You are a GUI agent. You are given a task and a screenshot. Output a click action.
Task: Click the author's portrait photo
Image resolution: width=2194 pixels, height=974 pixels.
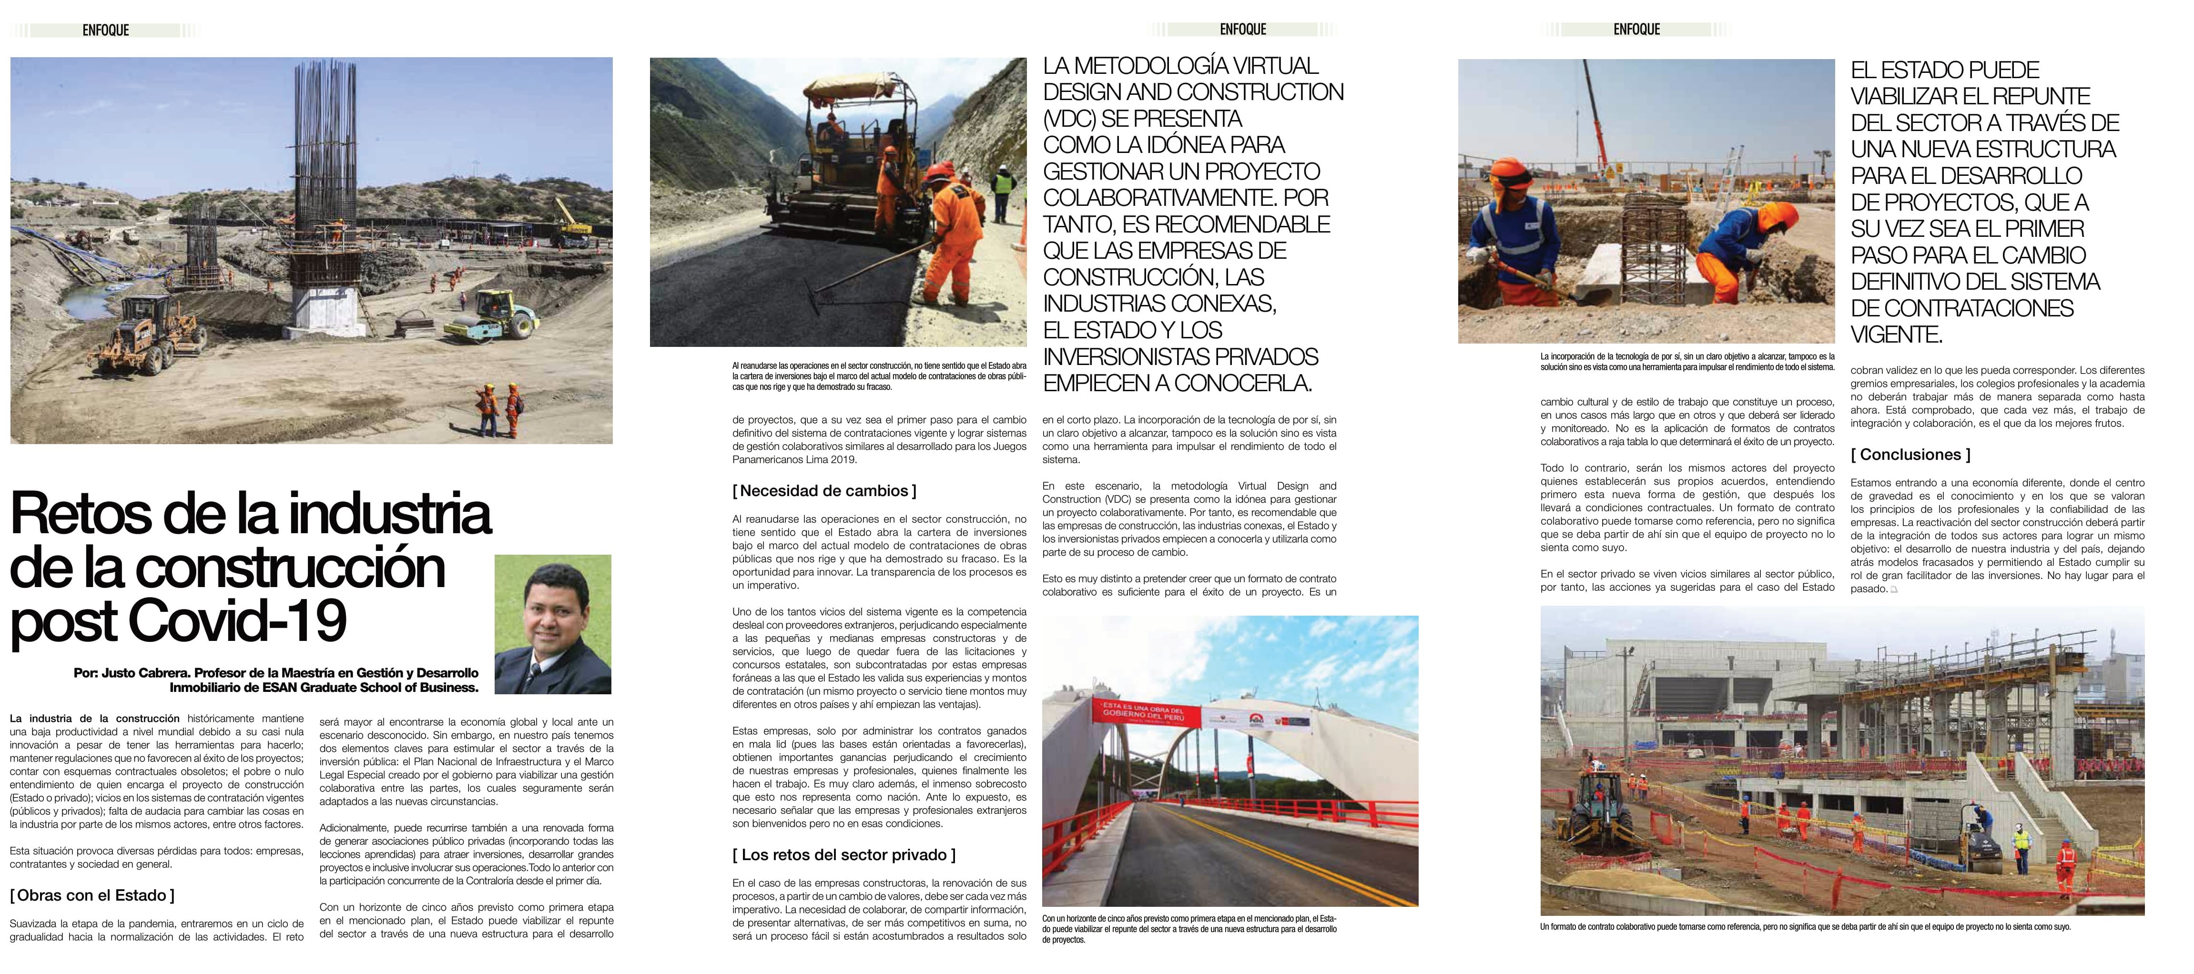(x=553, y=624)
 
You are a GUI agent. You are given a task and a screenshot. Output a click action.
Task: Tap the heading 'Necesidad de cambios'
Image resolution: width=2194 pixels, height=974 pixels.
(x=823, y=490)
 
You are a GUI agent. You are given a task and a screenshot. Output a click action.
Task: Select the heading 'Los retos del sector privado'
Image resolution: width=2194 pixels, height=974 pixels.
(x=843, y=855)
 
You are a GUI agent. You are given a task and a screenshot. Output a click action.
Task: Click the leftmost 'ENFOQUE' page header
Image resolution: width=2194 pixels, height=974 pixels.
(x=106, y=30)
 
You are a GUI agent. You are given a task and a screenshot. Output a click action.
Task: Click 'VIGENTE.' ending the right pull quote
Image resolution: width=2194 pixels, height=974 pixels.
(x=1896, y=335)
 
